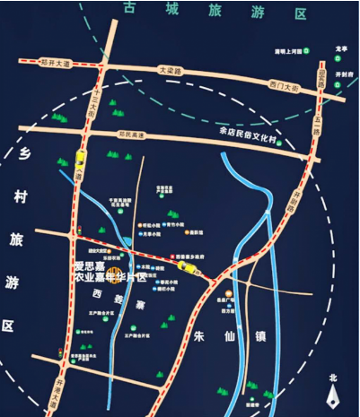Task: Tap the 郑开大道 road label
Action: coord(55,63)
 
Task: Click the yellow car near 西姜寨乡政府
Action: coord(187,265)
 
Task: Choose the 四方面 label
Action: coord(228,311)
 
